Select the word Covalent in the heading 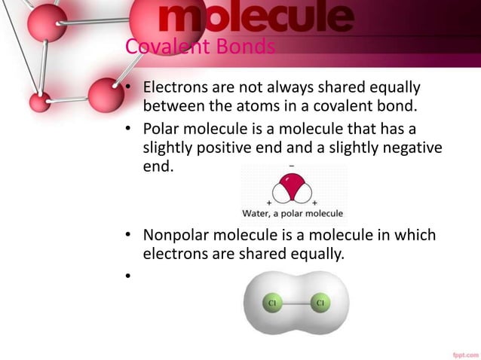[156, 47]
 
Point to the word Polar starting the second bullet [163, 128]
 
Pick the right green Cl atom [320, 304]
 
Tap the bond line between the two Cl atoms [295, 304]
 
